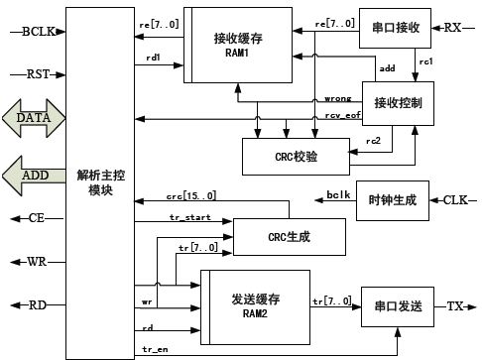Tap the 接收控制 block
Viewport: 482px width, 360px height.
click(x=398, y=103)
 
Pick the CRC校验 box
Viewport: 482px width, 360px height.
click(x=296, y=154)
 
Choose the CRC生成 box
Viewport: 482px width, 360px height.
click(x=289, y=236)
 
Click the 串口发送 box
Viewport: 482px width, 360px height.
click(x=396, y=307)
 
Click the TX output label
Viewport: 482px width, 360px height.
click(x=455, y=307)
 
